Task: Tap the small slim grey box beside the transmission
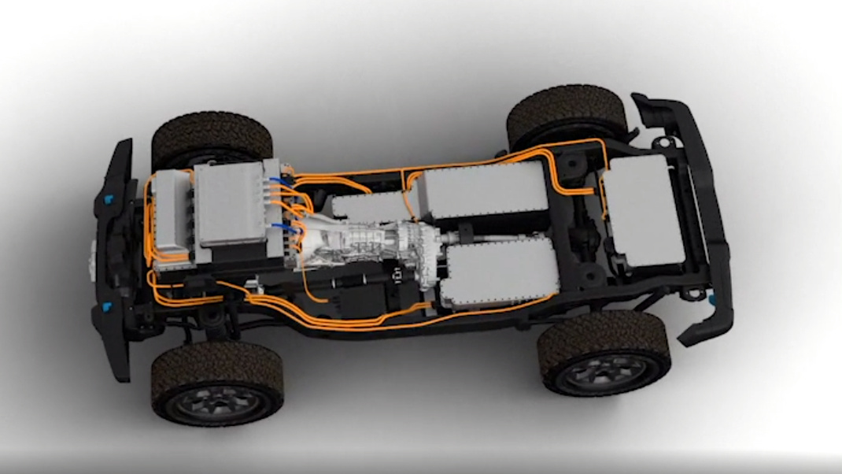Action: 368,206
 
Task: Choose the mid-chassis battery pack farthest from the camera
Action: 482,191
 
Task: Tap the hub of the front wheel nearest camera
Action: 216,404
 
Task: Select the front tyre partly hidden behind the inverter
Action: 211,139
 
